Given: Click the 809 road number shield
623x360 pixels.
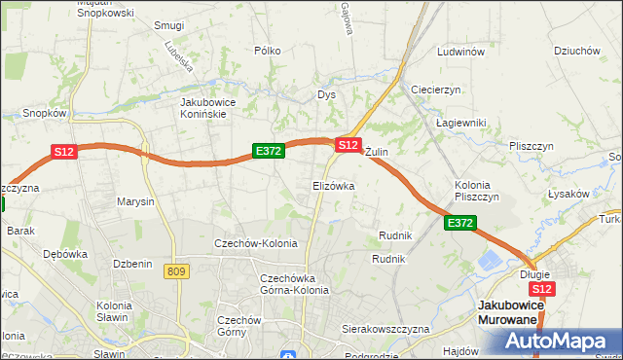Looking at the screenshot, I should (176, 271).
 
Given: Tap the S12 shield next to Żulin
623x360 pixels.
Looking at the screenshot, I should (348, 144).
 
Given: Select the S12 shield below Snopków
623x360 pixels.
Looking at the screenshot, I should (63, 152).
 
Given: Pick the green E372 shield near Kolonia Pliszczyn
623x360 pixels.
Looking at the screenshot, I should (460, 224).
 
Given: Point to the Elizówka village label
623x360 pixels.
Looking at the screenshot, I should (333, 185).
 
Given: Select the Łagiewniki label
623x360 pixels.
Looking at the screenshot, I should (460, 123).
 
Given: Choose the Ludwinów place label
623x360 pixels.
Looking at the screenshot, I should (461, 52).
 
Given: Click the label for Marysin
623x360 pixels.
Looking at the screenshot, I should (135, 202).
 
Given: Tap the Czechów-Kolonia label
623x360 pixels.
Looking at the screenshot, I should (256, 243).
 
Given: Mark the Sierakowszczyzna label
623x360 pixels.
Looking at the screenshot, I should (385, 329).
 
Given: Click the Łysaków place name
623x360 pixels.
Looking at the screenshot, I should (568, 194).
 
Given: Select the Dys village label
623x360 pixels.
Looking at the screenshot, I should (326, 95).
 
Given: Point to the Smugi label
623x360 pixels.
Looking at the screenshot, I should (169, 25).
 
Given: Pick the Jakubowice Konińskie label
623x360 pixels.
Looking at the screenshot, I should (217, 107).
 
